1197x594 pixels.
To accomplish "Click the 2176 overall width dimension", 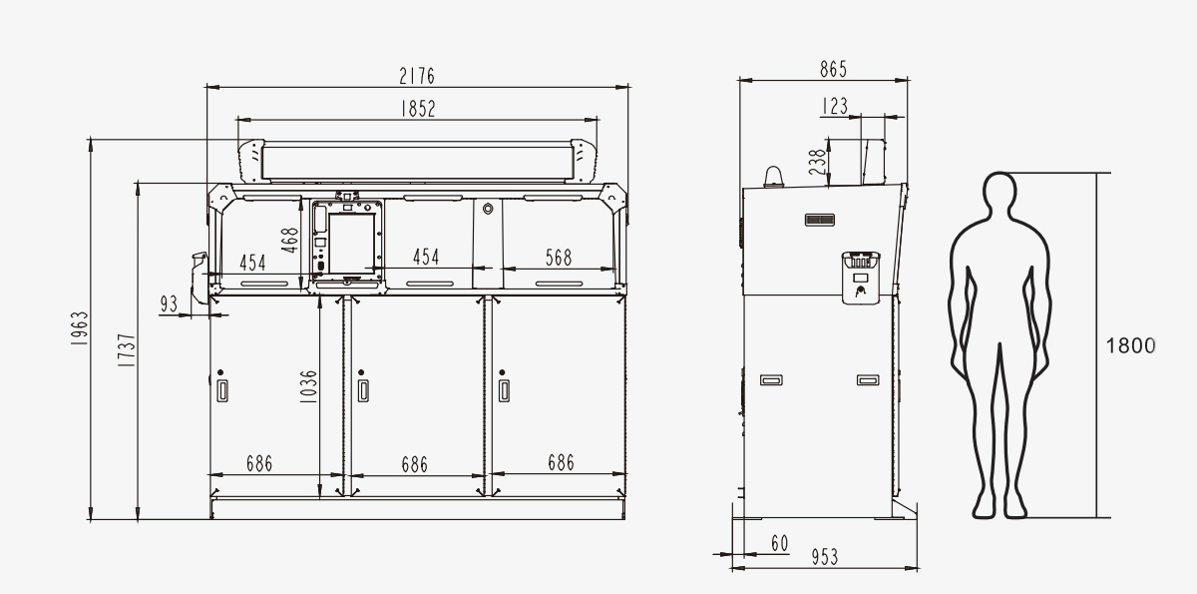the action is (417, 76).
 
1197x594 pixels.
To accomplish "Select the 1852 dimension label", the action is (418, 109).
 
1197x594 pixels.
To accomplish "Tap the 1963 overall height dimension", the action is (80, 327).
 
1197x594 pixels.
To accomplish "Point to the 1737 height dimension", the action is (127, 350).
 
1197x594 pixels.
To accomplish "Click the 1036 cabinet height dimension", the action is (308, 386).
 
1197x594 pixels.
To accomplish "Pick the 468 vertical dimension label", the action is (289, 240).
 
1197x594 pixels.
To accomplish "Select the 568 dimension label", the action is (559, 258).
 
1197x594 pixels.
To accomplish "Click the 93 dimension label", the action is (169, 304).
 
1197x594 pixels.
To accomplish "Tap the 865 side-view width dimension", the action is (833, 70).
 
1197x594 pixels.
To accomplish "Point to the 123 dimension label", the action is (835, 106).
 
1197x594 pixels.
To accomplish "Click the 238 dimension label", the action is (817, 163).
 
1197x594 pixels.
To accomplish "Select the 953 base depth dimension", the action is (825, 557).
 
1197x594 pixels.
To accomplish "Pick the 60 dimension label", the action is (780, 544).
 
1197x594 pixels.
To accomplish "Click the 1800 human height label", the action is (1130, 346).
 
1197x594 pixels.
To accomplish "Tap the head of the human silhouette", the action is (999, 190).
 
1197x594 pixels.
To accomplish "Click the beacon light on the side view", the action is (773, 177).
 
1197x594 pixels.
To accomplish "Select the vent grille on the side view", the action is (820, 220).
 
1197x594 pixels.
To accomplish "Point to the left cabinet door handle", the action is (222, 390).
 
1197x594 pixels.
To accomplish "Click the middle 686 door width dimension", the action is (415, 464).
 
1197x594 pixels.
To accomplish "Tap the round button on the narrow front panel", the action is (488, 208).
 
